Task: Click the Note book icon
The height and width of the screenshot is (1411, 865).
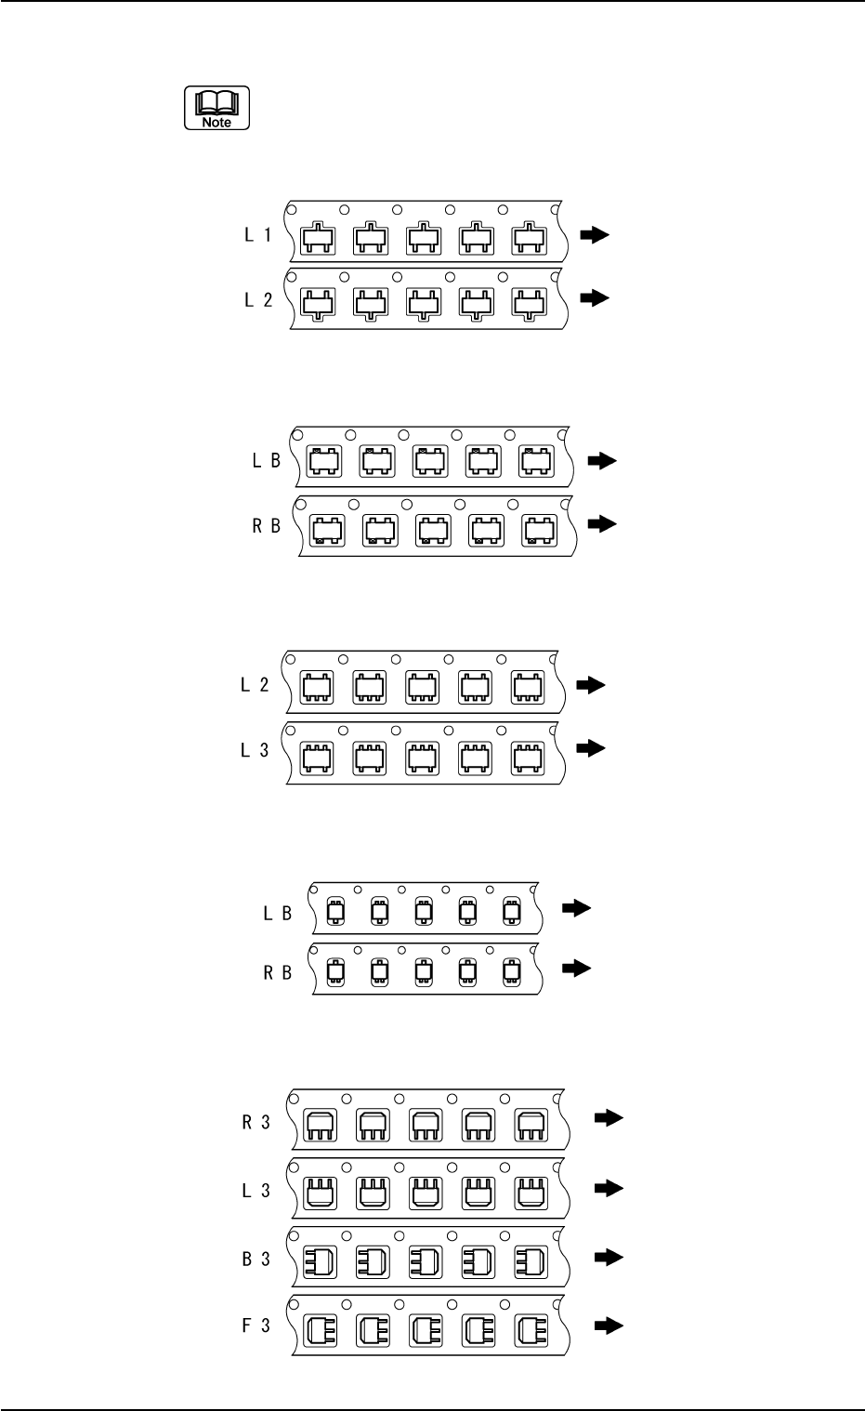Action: (x=217, y=108)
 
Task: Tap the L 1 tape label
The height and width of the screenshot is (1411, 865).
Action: (x=257, y=236)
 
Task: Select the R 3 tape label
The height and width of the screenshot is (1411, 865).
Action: (x=256, y=1122)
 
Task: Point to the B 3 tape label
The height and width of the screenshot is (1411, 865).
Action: (x=256, y=1259)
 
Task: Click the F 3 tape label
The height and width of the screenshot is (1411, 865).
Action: (x=256, y=1326)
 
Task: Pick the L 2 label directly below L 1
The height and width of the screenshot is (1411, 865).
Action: (x=257, y=299)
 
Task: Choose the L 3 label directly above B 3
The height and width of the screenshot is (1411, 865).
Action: (x=256, y=1191)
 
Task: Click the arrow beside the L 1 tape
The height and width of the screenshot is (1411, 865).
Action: (x=595, y=236)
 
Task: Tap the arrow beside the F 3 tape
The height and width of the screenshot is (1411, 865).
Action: (x=608, y=1326)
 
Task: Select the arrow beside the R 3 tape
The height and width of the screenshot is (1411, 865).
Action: (x=608, y=1120)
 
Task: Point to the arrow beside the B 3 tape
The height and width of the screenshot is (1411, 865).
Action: (x=608, y=1258)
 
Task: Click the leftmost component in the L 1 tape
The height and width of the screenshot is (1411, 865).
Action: (x=319, y=240)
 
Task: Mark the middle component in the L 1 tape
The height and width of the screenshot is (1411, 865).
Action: (x=425, y=240)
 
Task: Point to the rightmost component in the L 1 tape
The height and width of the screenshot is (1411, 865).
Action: (x=530, y=240)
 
